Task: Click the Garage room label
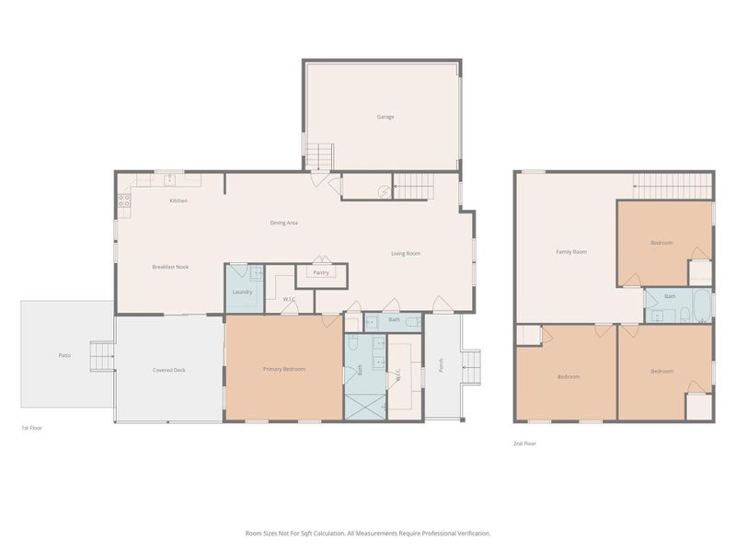click(385, 117)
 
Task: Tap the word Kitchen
click(178, 201)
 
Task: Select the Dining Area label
click(283, 223)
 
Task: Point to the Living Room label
click(406, 253)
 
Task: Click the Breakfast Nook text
click(170, 267)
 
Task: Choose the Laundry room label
click(243, 292)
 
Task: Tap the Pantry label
click(321, 272)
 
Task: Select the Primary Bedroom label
click(284, 369)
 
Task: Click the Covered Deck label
click(169, 370)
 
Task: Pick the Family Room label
click(571, 251)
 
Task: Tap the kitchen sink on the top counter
click(169, 177)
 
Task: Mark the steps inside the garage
click(318, 158)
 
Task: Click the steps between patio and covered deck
click(101, 354)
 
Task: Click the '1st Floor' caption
click(31, 429)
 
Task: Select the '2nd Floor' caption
click(524, 443)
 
